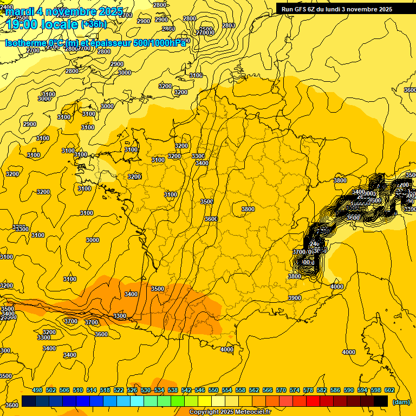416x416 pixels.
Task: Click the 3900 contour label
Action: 295,298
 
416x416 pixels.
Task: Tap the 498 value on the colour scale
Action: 37,390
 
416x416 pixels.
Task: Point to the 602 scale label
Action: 389,390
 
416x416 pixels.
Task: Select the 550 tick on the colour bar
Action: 213,390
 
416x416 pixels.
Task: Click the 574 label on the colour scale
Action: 295,390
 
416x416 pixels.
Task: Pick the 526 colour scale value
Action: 132,390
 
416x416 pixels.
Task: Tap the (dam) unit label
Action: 401,402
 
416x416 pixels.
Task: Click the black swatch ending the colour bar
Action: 381,401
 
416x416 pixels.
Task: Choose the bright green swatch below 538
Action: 178,401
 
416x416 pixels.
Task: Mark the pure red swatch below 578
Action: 313,401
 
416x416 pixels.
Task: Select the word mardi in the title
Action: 18,11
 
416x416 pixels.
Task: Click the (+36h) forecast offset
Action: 94,24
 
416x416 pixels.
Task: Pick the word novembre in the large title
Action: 70,11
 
